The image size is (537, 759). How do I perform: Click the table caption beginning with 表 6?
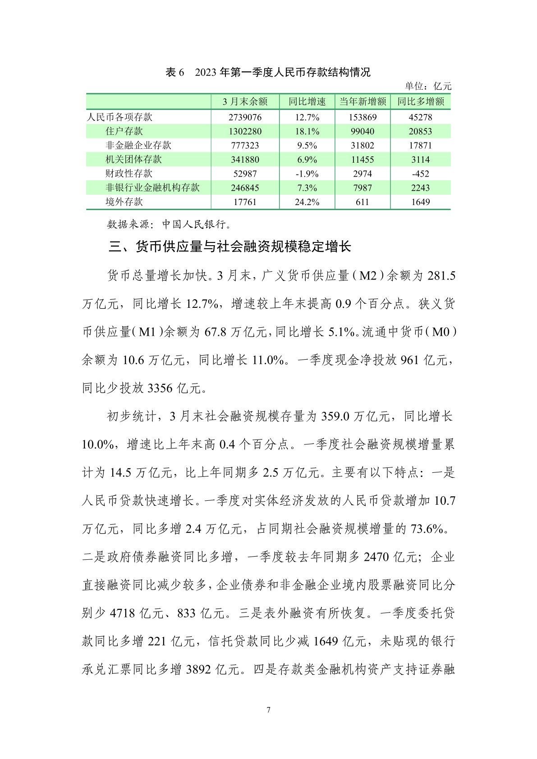click(x=268, y=72)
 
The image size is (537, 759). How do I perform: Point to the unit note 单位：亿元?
click(x=427, y=86)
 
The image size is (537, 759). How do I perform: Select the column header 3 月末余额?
click(x=245, y=102)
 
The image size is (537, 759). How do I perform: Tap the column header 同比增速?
click(x=307, y=102)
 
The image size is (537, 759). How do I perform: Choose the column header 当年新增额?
click(x=363, y=102)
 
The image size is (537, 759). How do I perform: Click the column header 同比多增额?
click(x=420, y=102)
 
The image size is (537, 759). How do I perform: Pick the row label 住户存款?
click(x=124, y=131)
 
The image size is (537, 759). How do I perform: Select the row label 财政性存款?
click(x=129, y=174)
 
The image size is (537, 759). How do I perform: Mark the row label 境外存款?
click(x=124, y=202)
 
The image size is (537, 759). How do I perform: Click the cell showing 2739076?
click(x=245, y=117)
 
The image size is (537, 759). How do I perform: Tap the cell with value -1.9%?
click(x=307, y=174)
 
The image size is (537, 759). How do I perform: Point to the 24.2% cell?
click(x=307, y=202)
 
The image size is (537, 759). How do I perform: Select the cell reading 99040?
click(x=363, y=131)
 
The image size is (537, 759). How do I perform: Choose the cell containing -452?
click(x=420, y=174)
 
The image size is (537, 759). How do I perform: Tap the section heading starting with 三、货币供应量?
click(x=230, y=247)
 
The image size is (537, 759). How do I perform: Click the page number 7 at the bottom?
click(x=269, y=710)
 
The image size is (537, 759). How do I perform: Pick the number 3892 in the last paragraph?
click(x=198, y=670)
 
